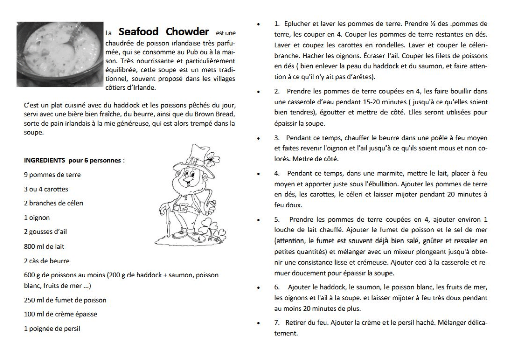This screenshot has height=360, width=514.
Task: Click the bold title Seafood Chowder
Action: point(164,32)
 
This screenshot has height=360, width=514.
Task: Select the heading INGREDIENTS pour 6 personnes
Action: point(74,161)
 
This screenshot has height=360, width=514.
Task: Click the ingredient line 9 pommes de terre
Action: point(52,175)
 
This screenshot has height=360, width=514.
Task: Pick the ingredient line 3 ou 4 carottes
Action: point(46,189)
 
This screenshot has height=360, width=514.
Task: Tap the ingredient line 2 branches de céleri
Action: point(54,203)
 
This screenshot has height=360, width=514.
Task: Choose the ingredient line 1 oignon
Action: point(37,218)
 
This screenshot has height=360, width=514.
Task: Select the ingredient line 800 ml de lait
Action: point(44,247)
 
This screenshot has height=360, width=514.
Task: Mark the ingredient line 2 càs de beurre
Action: point(47,261)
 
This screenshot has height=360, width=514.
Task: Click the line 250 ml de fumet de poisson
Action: point(65,300)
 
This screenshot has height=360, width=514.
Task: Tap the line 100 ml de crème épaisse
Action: point(61,314)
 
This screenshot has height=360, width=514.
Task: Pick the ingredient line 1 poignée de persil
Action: point(52,329)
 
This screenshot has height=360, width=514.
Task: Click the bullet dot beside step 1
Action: point(258,24)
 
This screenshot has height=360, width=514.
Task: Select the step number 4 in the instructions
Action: point(277,173)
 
